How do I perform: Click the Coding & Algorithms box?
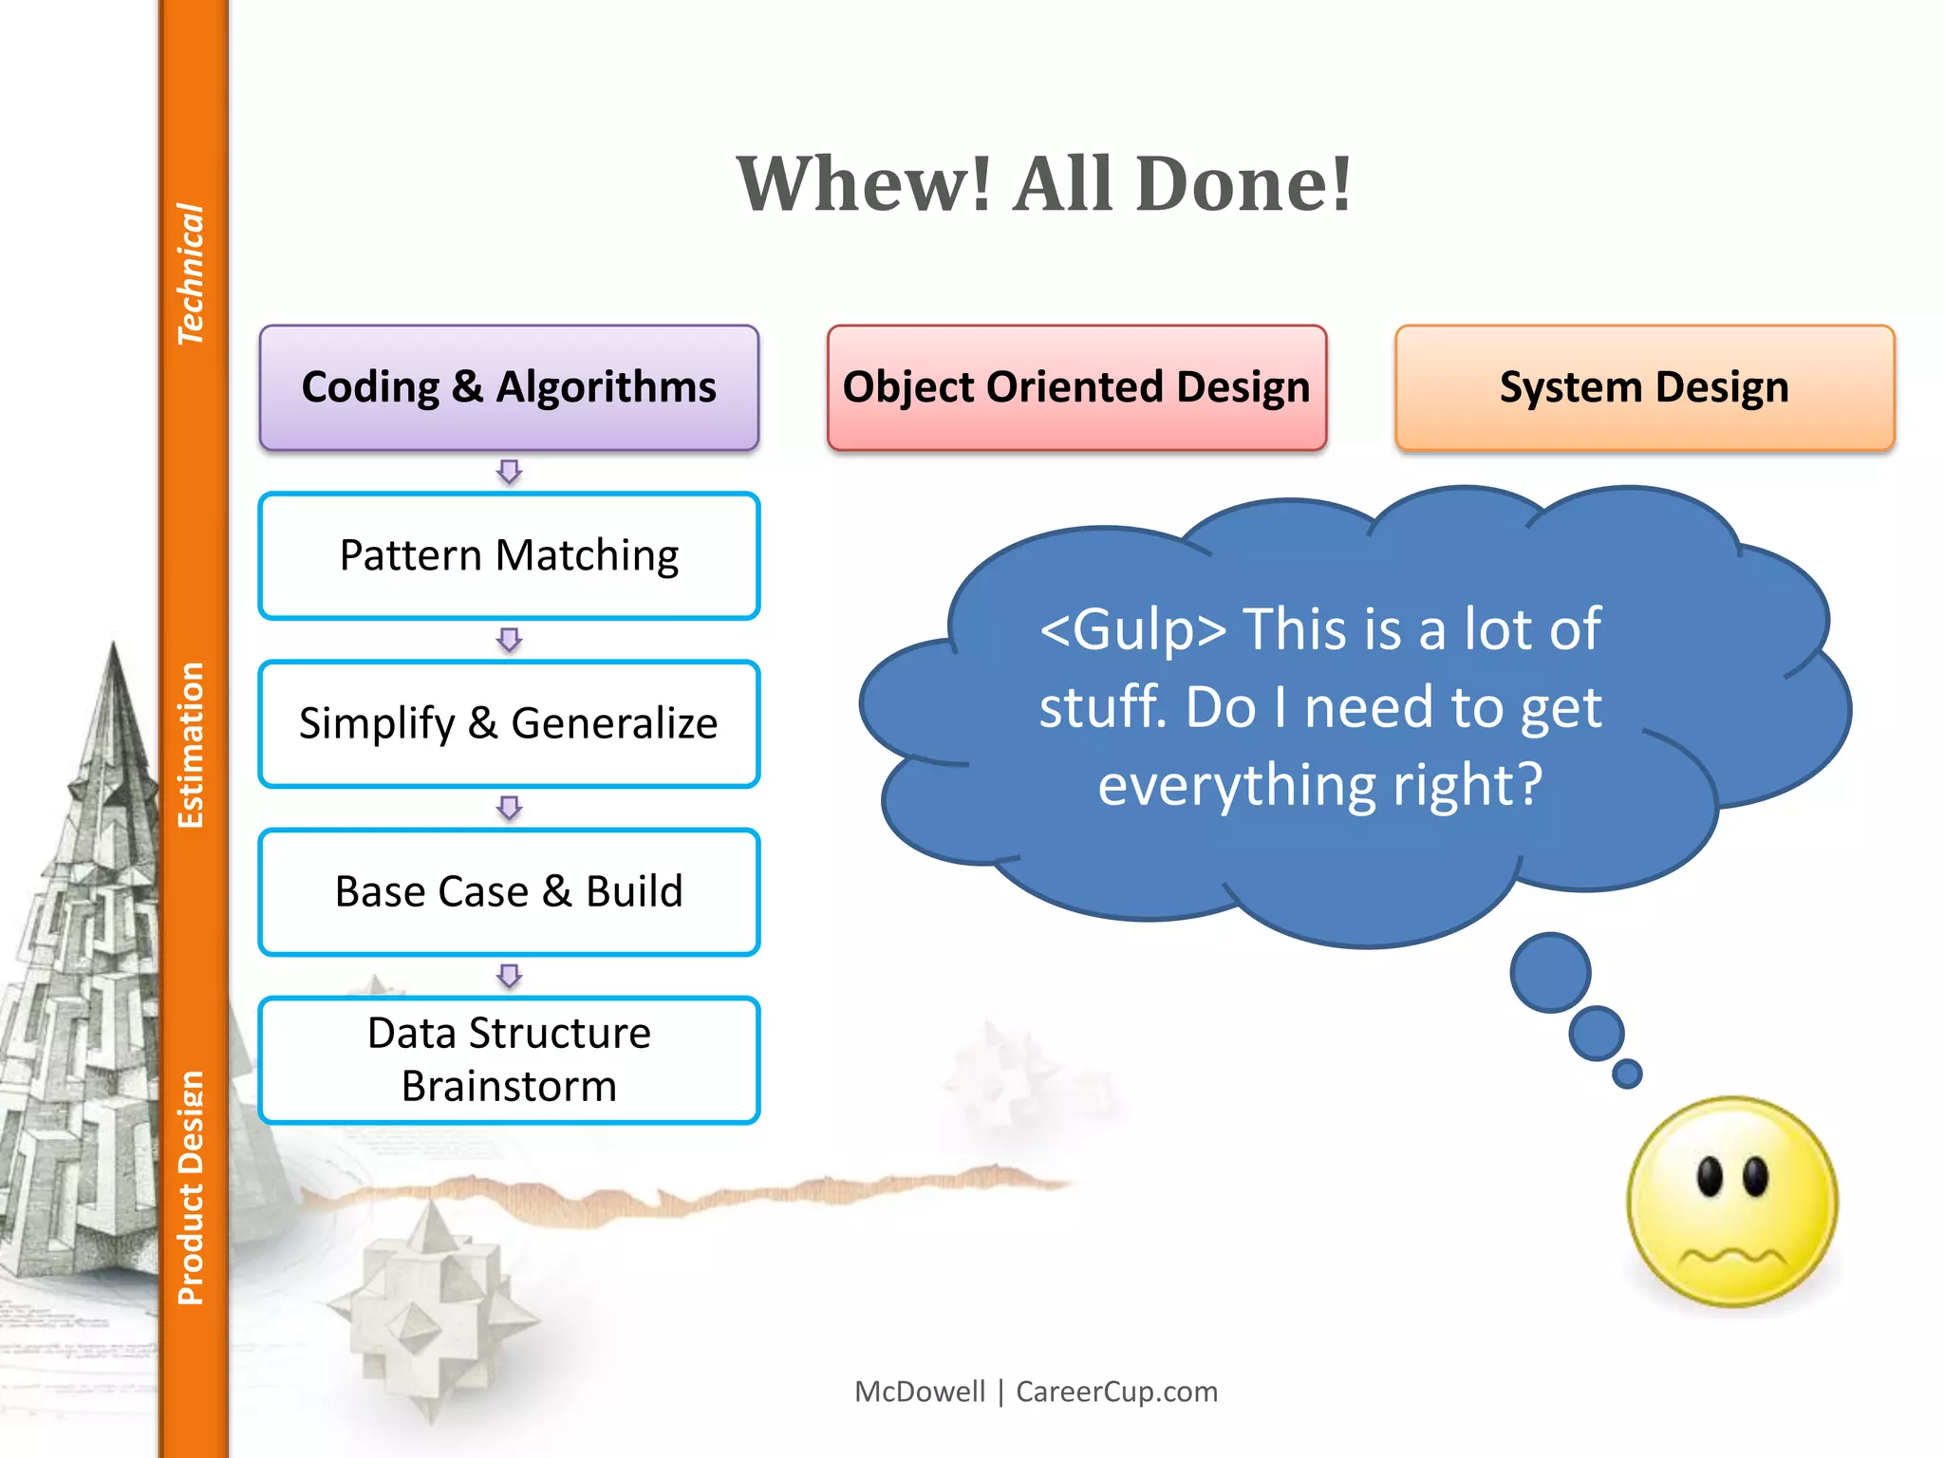click(509, 387)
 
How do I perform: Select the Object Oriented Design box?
click(1076, 387)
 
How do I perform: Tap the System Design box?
click(1644, 387)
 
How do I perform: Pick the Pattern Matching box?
click(509, 555)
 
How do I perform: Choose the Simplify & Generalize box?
click(509, 723)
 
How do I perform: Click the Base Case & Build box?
click(509, 891)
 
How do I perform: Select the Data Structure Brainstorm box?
click(509, 1059)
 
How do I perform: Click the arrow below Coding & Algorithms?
click(510, 472)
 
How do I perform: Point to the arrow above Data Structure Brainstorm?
click(510, 976)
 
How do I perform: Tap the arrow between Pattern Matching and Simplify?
click(510, 640)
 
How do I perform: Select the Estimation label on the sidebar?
click(191, 745)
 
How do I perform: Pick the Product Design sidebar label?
click(191, 1187)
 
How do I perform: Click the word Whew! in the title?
click(864, 184)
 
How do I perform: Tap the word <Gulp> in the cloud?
click(1133, 629)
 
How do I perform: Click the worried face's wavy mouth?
click(1732, 1259)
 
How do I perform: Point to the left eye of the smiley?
click(1710, 1177)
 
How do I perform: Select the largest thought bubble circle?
click(1550, 972)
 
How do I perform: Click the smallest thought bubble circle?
click(1627, 1074)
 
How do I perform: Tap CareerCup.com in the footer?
click(1116, 1392)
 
